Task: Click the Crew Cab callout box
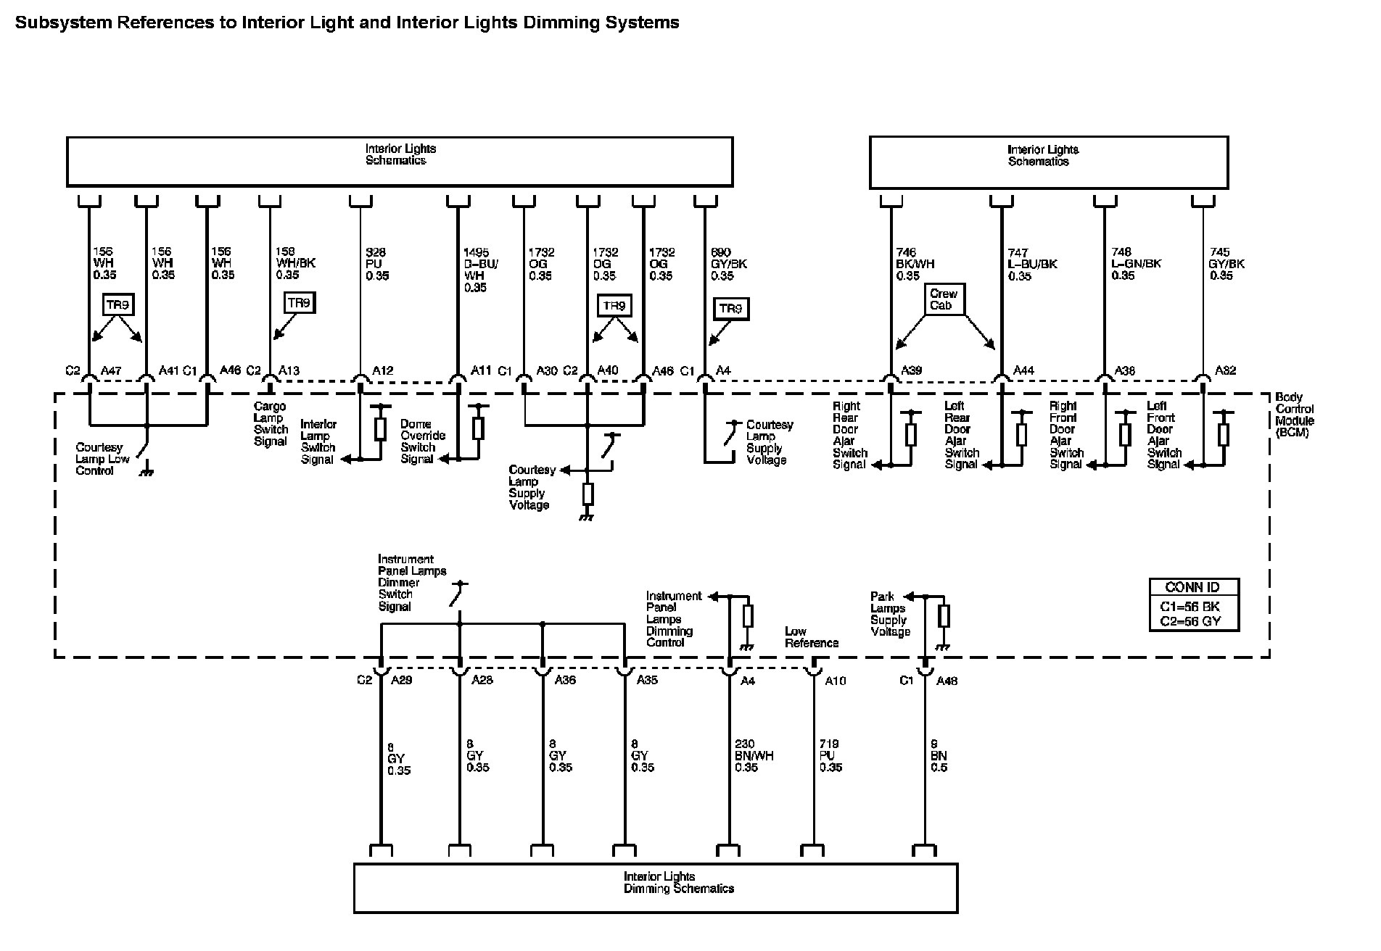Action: click(944, 299)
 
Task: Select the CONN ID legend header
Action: click(1193, 587)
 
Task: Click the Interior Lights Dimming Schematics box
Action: click(656, 886)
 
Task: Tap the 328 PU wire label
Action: click(377, 264)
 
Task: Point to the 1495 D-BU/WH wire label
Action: click(480, 270)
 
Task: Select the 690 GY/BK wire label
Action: click(728, 264)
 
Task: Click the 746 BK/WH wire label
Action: click(915, 264)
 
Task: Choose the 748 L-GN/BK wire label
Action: click(1136, 264)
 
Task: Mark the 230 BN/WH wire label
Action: click(754, 755)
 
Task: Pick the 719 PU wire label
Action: click(830, 755)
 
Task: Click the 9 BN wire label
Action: click(939, 755)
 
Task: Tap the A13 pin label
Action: click(289, 371)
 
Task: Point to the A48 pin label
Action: click(947, 681)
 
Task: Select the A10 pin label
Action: click(836, 681)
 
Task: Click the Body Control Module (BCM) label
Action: click(1294, 415)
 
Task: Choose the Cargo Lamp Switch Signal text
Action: click(270, 424)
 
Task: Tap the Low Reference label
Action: click(811, 637)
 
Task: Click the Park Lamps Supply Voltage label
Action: click(890, 614)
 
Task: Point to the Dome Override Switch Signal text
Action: click(422, 441)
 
